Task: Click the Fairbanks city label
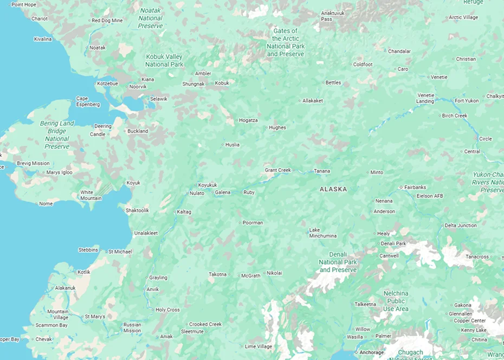[x=415, y=188]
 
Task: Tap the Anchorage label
[x=371, y=352]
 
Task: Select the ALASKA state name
[x=333, y=189]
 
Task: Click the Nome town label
[x=46, y=204]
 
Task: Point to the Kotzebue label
[x=107, y=83]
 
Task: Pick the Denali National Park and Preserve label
[x=338, y=262]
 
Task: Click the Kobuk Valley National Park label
[x=164, y=61]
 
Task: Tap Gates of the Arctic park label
[x=286, y=42]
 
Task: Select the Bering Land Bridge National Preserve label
[x=57, y=135]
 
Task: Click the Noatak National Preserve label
[x=150, y=18]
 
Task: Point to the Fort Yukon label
[x=466, y=101]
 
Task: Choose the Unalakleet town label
[x=146, y=233]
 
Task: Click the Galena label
[x=223, y=192]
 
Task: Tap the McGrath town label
[x=250, y=276]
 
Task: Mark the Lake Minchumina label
[x=322, y=233]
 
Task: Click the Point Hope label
[x=23, y=4]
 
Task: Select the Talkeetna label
[x=365, y=304]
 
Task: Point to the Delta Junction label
[x=461, y=226]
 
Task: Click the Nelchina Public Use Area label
[x=396, y=301]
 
